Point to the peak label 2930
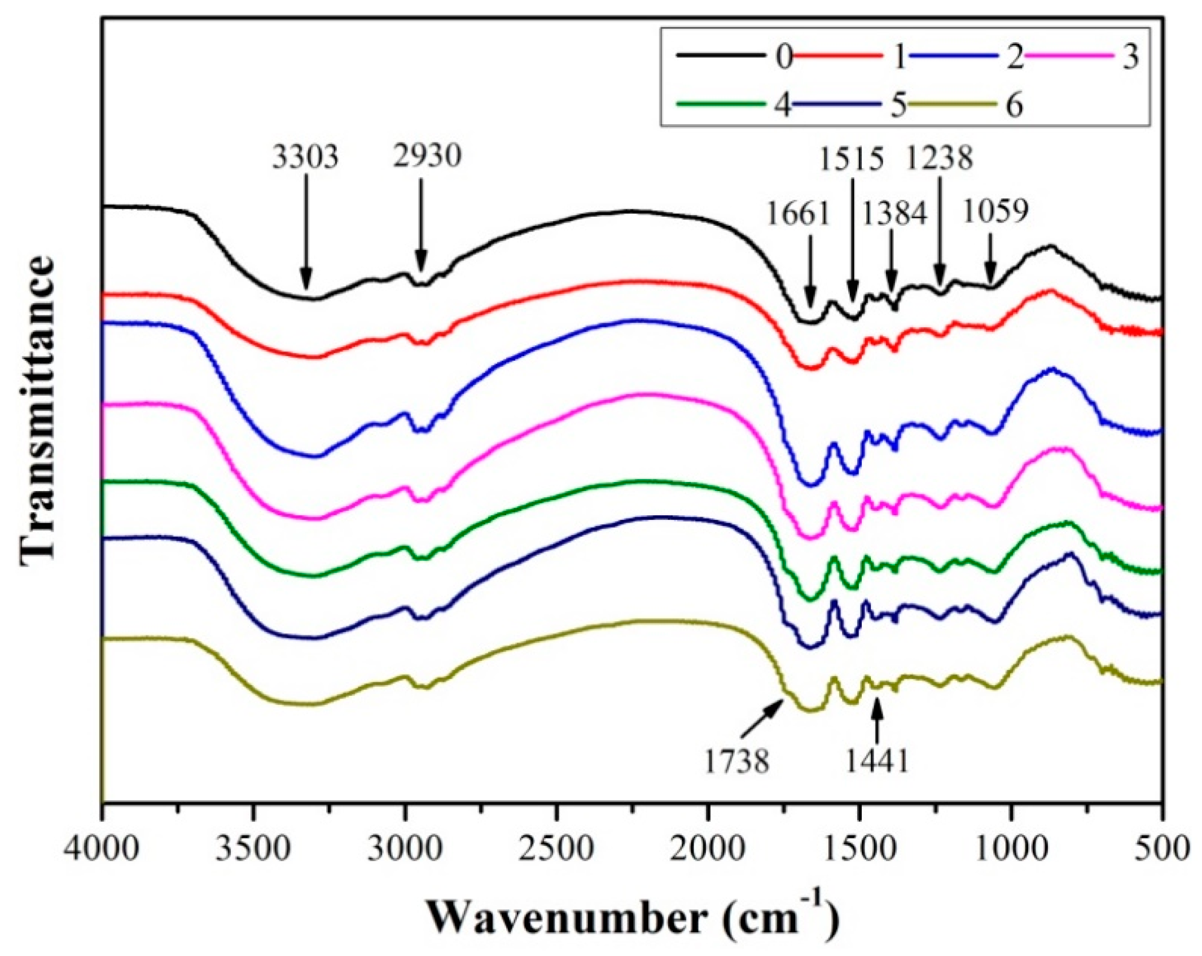tap(427, 156)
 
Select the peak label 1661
tap(799, 214)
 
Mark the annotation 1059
tap(995, 211)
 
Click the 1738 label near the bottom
tap(736, 762)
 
